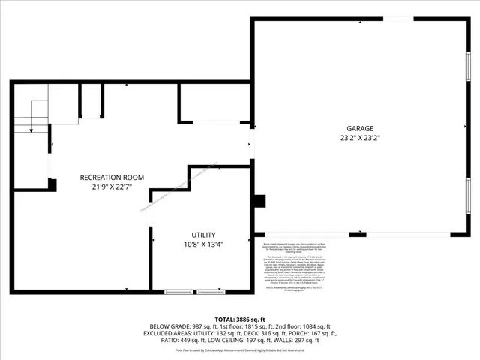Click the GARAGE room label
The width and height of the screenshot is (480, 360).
(360, 128)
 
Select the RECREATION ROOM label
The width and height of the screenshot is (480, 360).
(112, 177)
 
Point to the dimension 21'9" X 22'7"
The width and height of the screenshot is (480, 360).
(112, 187)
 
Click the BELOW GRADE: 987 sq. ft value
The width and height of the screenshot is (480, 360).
(181, 326)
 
